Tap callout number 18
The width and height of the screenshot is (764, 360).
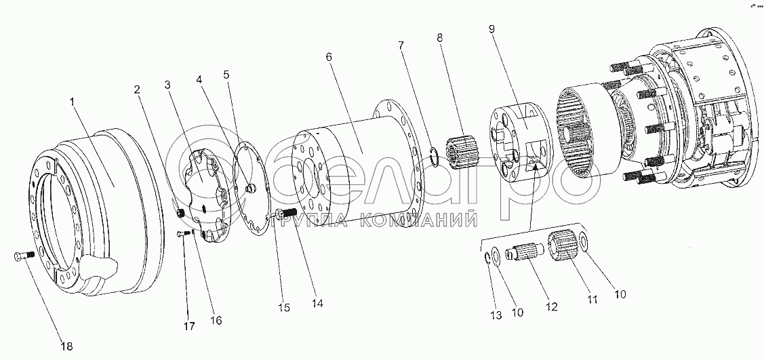[x=65, y=346]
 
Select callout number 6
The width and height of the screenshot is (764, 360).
[x=328, y=58]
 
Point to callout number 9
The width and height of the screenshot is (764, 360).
[x=491, y=29]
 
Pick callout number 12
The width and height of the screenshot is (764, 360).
[x=551, y=307]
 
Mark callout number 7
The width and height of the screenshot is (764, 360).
[x=401, y=45]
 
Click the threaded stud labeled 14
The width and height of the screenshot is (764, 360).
[x=289, y=218]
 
